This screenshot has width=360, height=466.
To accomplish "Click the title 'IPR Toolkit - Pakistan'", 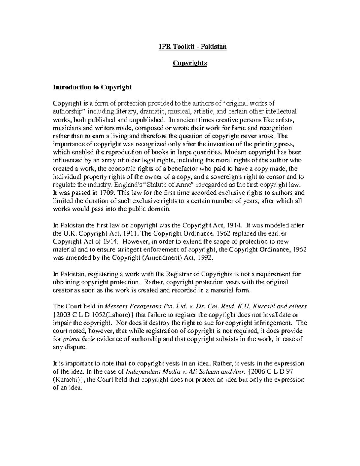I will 193,47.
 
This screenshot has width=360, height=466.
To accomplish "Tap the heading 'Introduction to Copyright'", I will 92,87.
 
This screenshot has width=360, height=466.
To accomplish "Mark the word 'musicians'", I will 66,128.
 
